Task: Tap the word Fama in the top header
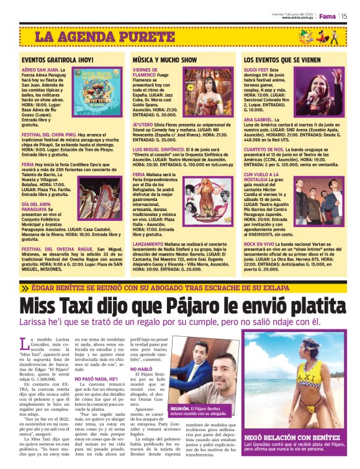tap(326, 16)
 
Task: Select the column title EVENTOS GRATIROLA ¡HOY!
tap(58, 60)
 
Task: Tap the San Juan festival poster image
tap(100, 94)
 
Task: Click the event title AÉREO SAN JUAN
tap(41, 71)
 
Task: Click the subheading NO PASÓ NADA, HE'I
tap(96, 378)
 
